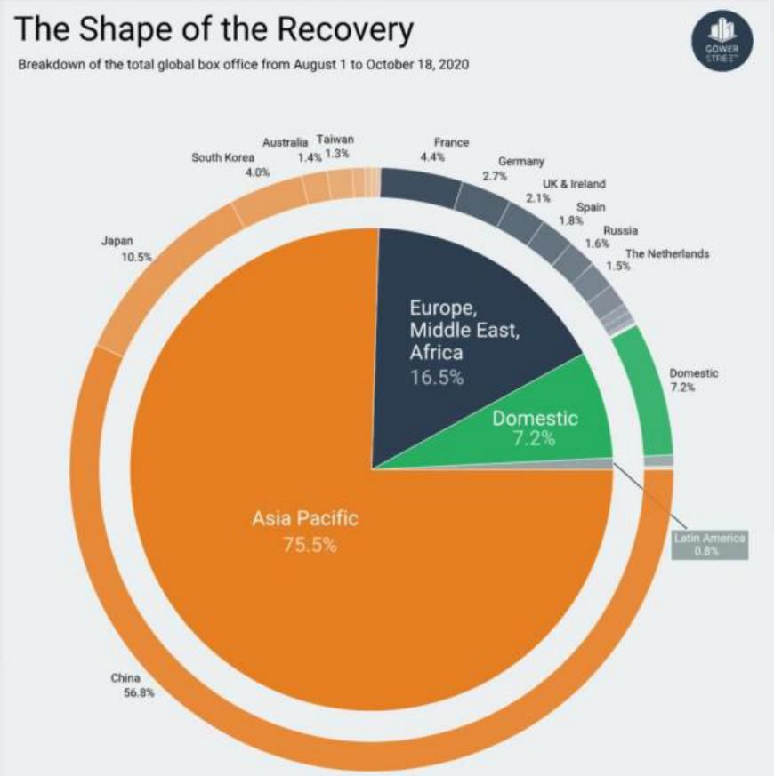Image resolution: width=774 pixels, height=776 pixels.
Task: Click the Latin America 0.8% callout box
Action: [709, 545]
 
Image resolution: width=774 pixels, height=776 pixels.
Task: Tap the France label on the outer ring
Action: [450, 148]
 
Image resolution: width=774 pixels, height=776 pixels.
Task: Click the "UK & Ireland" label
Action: [574, 190]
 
